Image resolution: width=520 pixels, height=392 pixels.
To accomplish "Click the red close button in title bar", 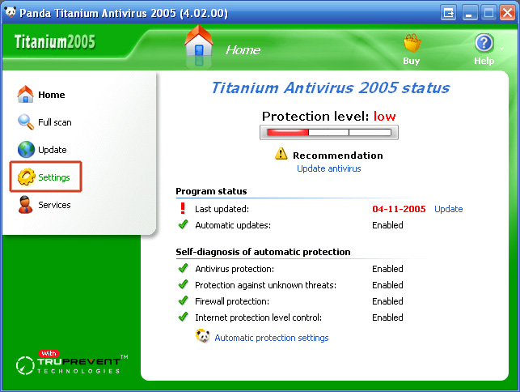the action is point(507,13).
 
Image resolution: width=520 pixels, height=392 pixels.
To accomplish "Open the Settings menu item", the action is point(45,177).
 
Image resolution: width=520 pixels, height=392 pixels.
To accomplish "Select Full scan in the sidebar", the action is point(44,122).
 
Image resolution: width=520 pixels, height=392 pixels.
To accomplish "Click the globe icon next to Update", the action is point(26,150).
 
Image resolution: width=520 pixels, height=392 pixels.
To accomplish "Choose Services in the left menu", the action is point(44,205).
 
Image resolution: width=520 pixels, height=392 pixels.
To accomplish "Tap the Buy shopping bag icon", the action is point(412,43).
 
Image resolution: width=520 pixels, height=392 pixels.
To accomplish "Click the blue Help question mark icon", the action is point(484,43).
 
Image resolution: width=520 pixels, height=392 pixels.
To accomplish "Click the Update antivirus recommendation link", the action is point(328,168).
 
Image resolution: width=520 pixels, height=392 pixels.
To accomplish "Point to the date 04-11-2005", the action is point(399,209).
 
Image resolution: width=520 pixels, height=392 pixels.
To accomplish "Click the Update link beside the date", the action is point(448,209).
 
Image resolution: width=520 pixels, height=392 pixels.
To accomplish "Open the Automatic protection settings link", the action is point(272,338).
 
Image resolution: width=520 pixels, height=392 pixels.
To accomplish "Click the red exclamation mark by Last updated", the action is point(183,208).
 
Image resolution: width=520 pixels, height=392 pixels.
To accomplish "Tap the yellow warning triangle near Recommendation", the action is point(281,153).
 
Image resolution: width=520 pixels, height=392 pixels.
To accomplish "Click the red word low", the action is point(384,117).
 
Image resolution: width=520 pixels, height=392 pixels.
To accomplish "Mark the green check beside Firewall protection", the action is point(183,300).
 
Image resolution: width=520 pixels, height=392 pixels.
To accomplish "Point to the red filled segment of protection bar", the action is point(288,133).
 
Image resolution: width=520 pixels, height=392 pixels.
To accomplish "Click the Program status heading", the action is point(211,191).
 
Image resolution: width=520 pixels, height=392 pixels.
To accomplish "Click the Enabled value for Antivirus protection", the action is point(387,269).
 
